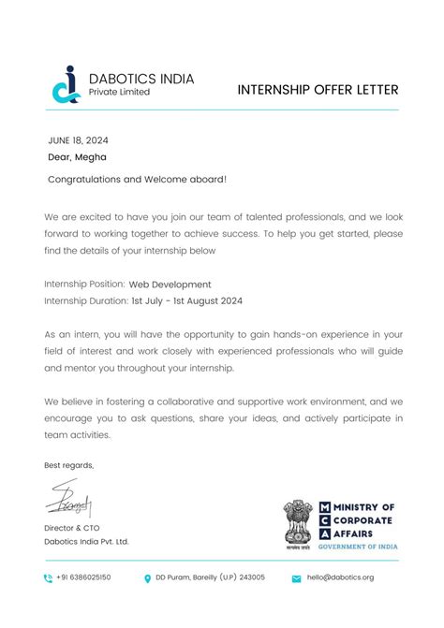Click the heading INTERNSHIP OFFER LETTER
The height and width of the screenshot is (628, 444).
pos(318,90)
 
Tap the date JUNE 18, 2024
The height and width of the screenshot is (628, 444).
pos(78,140)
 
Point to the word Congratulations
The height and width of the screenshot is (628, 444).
pos(83,179)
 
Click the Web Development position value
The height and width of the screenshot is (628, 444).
pos(170,285)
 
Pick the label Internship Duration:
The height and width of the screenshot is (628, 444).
pos(86,301)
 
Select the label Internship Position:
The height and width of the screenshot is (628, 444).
pos(84,285)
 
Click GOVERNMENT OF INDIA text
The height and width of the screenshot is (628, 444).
pos(358,546)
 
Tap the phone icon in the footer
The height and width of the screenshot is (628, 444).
pos(48,578)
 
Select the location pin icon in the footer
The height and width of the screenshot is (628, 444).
pos(148,578)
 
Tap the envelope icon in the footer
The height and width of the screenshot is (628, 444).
pos(296,578)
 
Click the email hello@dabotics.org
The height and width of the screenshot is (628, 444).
pos(340,577)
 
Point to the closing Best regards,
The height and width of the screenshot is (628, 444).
pos(69,465)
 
